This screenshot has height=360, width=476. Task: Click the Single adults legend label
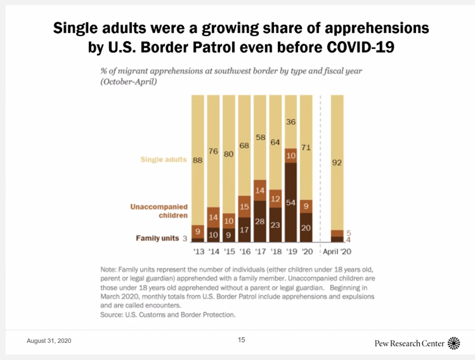163,159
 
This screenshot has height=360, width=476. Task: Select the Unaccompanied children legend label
159,211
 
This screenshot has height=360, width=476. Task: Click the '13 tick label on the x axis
198,252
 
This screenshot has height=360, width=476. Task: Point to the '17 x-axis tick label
260,252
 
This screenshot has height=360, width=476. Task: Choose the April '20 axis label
337,252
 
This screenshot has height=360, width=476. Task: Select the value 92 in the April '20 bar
337,163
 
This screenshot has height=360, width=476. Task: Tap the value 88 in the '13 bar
198,159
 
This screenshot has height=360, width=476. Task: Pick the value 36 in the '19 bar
290,122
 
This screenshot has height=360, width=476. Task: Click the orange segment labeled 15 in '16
244,207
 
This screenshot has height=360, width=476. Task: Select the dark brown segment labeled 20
306,227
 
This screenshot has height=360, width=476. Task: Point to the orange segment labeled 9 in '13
198,232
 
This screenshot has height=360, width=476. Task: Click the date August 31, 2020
49,341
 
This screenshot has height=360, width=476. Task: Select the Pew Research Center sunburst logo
454,343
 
